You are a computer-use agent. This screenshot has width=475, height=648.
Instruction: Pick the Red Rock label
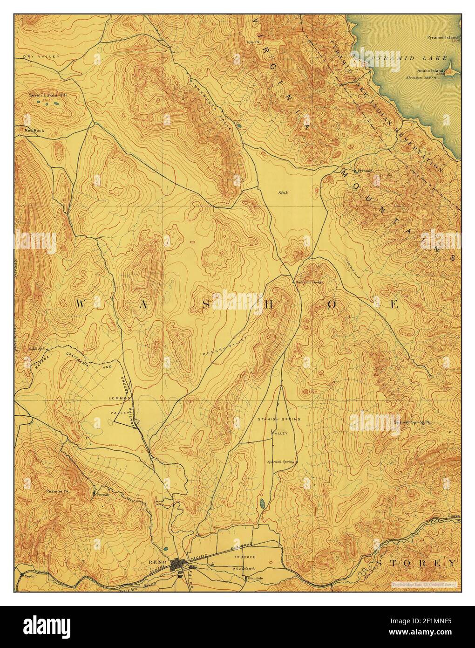point(34,131)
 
